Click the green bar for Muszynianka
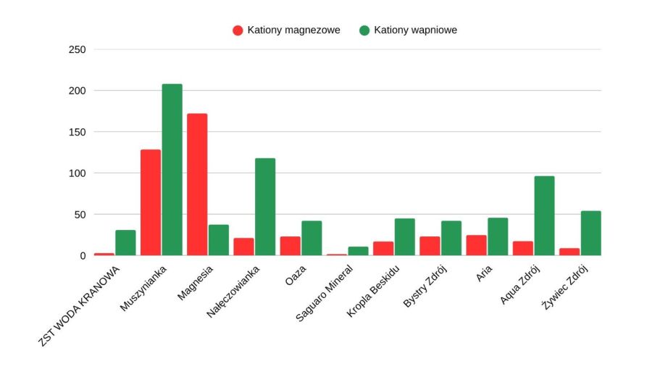pos(172,170)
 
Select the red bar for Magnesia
pos(197,184)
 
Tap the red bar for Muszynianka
pos(151,202)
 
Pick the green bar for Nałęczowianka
pos(265,207)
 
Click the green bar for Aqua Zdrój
pos(544,215)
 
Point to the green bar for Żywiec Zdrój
pos(590,233)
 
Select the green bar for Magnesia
pos(219,240)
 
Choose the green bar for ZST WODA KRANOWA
pos(125,242)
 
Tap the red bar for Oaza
pos(290,246)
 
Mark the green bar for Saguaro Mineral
pos(358,251)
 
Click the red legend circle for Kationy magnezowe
pos(238,30)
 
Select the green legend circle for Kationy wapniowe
pos(364,30)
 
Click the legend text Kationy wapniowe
pos(415,30)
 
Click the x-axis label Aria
pos(485,276)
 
